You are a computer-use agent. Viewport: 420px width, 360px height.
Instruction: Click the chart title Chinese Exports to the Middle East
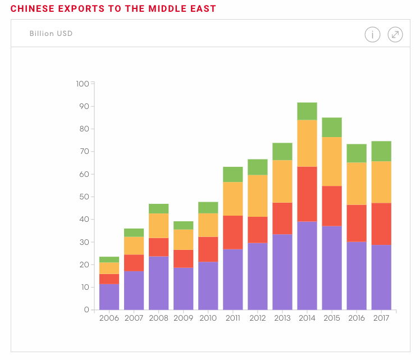(x=113, y=8)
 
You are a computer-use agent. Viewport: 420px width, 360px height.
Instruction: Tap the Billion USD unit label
(x=51, y=34)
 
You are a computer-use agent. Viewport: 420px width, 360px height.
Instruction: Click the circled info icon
(x=372, y=35)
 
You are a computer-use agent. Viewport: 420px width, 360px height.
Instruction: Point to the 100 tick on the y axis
(x=82, y=84)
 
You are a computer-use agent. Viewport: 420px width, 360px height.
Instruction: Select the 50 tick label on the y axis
(x=83, y=197)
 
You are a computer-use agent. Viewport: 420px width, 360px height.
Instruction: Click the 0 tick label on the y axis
(x=86, y=310)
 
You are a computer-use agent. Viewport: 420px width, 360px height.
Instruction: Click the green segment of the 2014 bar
(x=307, y=111)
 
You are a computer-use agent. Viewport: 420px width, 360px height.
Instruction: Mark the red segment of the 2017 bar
(x=381, y=224)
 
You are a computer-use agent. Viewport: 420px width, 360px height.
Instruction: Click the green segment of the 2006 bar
(x=109, y=259)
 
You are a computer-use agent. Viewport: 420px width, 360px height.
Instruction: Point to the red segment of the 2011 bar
(x=233, y=232)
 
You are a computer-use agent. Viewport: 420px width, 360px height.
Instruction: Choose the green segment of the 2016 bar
(x=357, y=153)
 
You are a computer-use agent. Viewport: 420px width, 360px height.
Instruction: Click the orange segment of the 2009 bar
(x=183, y=239)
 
